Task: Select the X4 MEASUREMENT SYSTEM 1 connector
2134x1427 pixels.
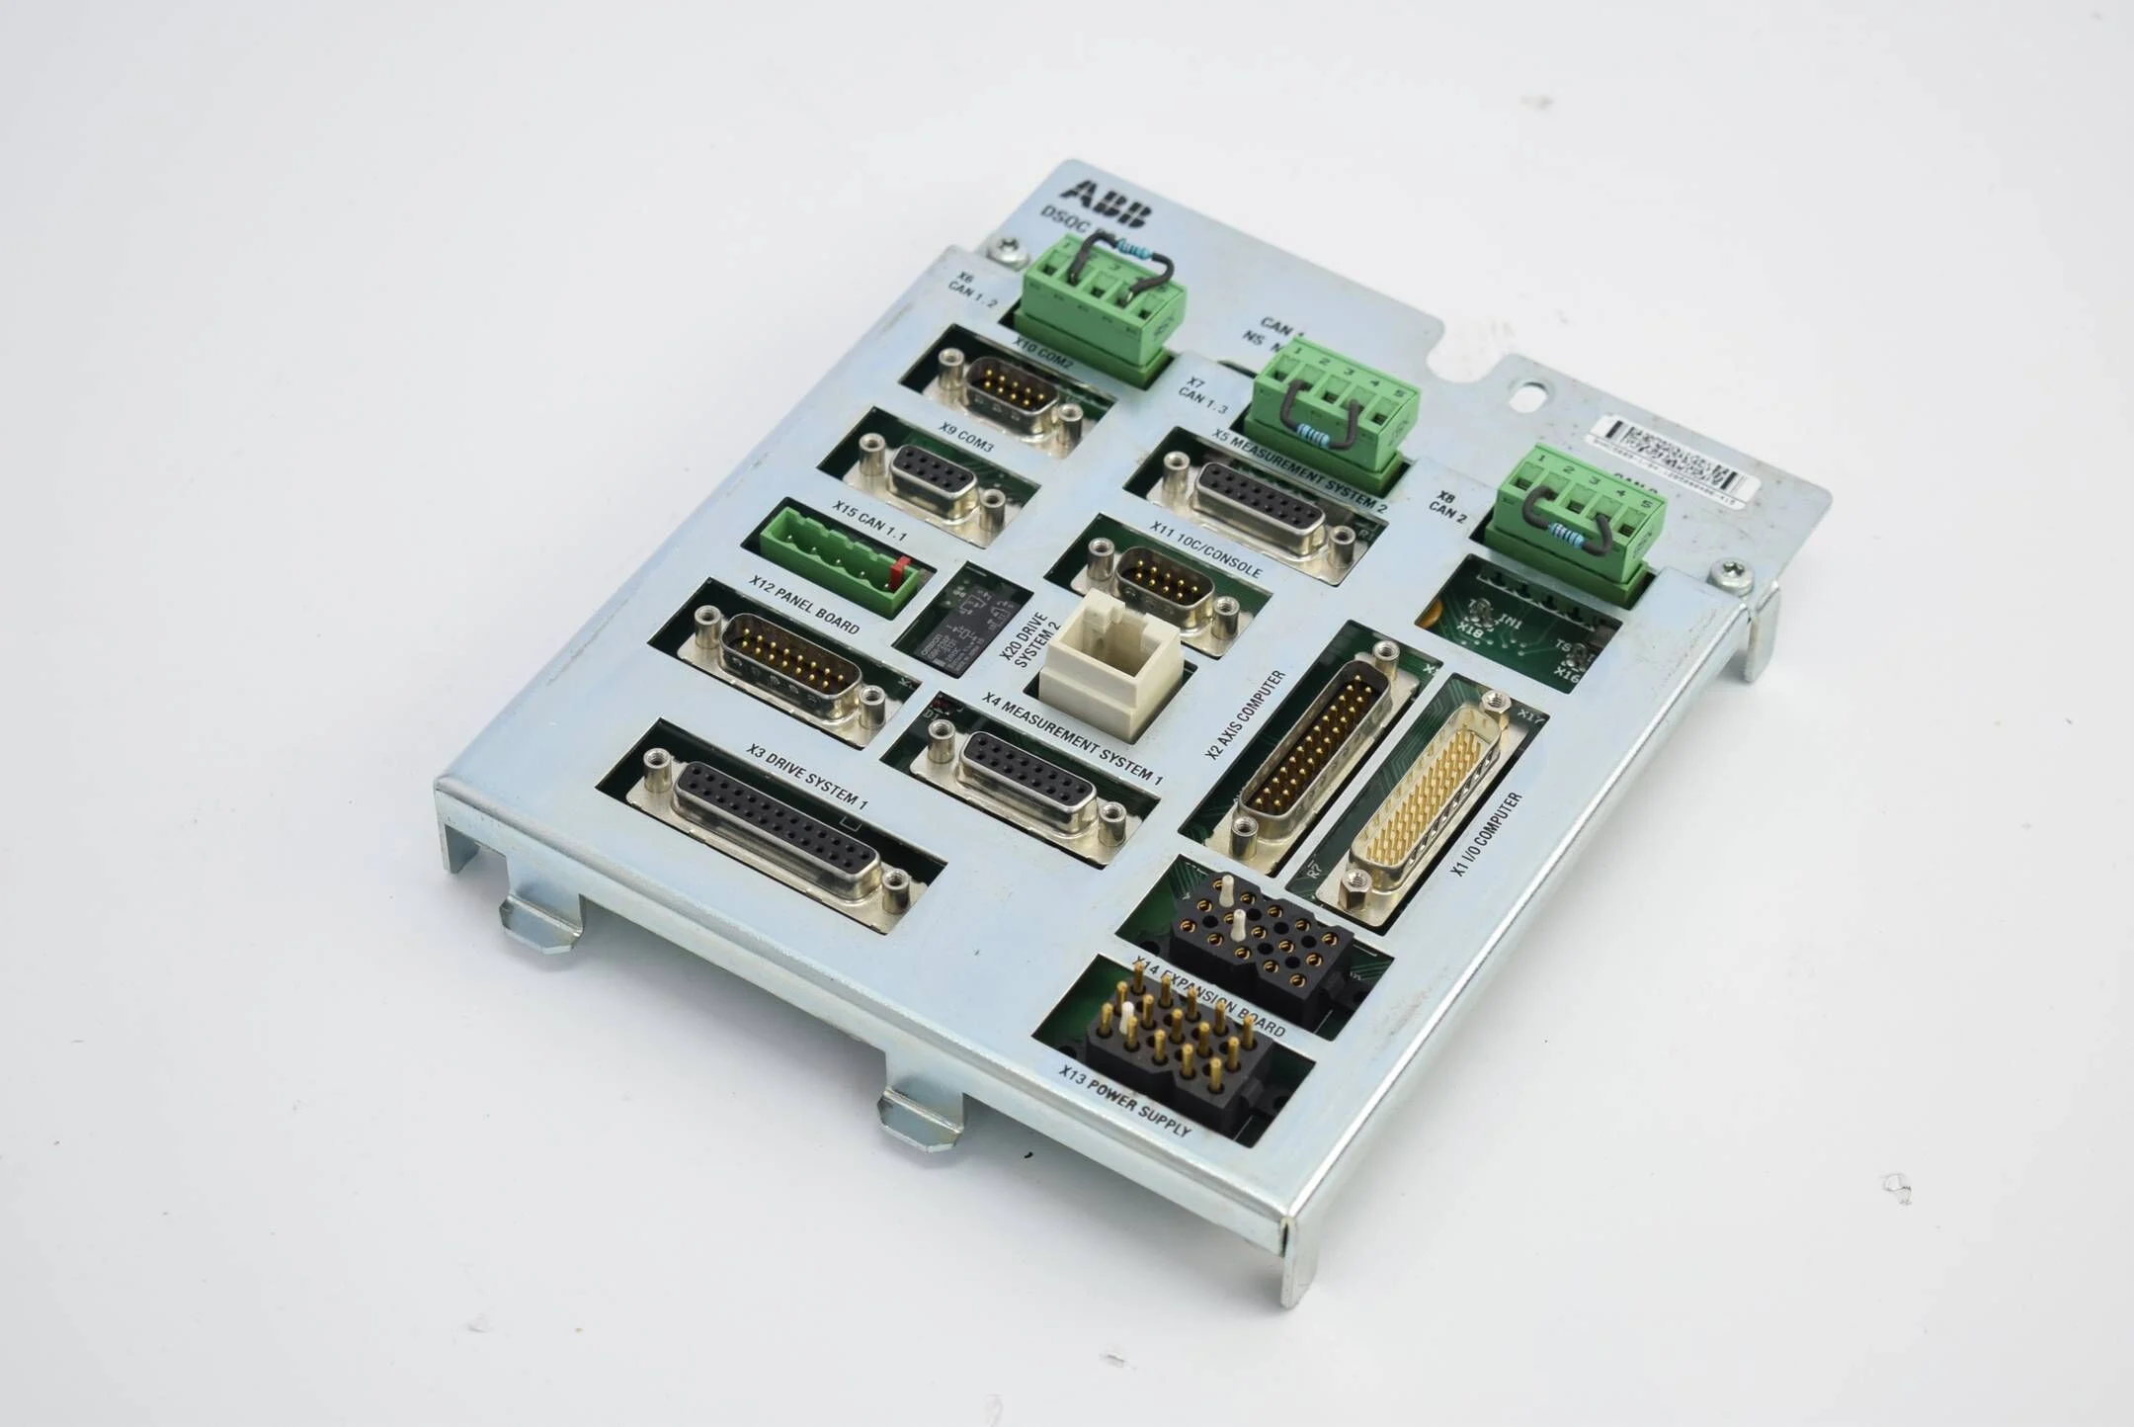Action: pos(1027,781)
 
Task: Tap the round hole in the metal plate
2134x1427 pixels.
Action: pos(1527,397)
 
